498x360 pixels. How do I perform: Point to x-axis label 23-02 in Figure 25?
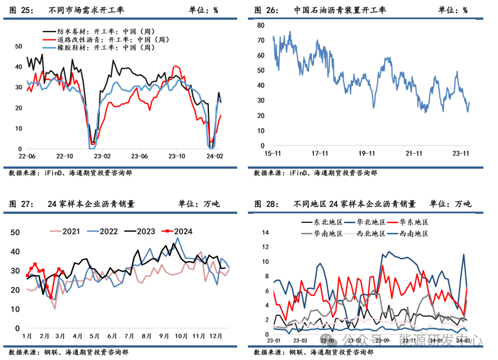pos(102,156)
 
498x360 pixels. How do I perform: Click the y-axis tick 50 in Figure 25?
pos(19,46)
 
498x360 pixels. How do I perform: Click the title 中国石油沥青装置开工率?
pos(340,10)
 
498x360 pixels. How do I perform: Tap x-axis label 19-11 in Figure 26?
pos(368,153)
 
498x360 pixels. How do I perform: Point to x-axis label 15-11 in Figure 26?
pos(273,153)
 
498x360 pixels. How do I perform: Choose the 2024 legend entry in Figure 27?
pos(183,231)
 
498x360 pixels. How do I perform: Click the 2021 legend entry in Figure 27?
pos(71,231)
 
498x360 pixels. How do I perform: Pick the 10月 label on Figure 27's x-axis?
pos(180,336)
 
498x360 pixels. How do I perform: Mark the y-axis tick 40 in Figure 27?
pos(16,252)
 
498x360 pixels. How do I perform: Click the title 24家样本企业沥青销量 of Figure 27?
pos(91,204)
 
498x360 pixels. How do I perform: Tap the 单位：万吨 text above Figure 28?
pos(450,204)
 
